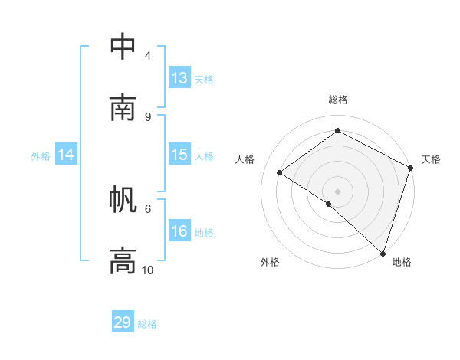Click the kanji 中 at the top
tap(123, 47)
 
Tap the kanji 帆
tap(123, 201)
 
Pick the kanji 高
tap(123, 260)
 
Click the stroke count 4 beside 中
tap(148, 56)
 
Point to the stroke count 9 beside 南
tap(148, 116)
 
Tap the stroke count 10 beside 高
tap(148, 270)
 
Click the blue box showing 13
tap(179, 78)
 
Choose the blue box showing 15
tap(179, 155)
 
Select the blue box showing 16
tap(179, 231)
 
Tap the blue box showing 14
tap(66, 155)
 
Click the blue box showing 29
tap(123, 322)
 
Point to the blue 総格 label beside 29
tap(148, 324)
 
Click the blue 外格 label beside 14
tap(41, 156)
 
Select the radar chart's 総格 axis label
tap(337, 100)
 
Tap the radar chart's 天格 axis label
tap(431, 159)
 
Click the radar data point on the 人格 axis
tap(280, 172)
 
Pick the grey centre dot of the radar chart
tap(337, 191)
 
